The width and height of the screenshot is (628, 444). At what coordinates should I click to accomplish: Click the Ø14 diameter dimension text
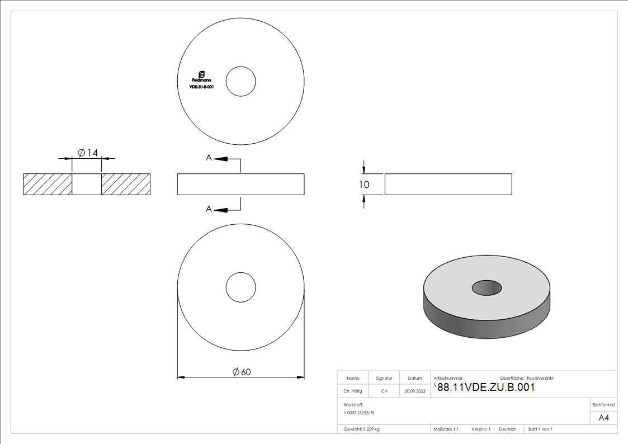(88, 153)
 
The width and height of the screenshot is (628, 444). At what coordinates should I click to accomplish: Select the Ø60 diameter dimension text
(241, 372)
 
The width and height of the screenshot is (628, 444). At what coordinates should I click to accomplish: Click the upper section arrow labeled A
(221, 159)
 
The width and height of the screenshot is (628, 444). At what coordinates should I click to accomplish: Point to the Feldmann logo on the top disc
(202, 77)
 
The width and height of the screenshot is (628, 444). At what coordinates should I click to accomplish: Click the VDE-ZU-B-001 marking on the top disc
(202, 87)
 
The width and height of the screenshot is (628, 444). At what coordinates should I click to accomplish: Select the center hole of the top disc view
(241, 81)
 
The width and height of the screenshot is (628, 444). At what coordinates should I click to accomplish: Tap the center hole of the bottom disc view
(241, 288)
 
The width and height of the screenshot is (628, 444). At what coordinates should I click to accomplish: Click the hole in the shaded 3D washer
(487, 287)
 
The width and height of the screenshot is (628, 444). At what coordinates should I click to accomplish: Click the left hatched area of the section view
(48, 185)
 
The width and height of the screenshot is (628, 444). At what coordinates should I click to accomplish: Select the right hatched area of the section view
(126, 185)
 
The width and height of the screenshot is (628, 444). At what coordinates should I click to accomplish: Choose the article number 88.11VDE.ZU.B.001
(485, 388)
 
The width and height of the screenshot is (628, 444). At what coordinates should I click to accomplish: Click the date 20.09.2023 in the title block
(415, 391)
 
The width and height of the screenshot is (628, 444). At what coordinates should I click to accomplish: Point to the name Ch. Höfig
(352, 391)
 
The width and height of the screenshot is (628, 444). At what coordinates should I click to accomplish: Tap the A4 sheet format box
(603, 418)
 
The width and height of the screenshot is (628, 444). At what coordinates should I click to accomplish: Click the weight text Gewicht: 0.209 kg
(361, 429)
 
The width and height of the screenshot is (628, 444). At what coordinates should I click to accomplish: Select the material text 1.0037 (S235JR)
(359, 412)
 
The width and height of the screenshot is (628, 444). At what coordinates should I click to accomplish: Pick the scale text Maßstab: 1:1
(446, 429)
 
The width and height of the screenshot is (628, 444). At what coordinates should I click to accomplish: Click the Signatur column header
(384, 378)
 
